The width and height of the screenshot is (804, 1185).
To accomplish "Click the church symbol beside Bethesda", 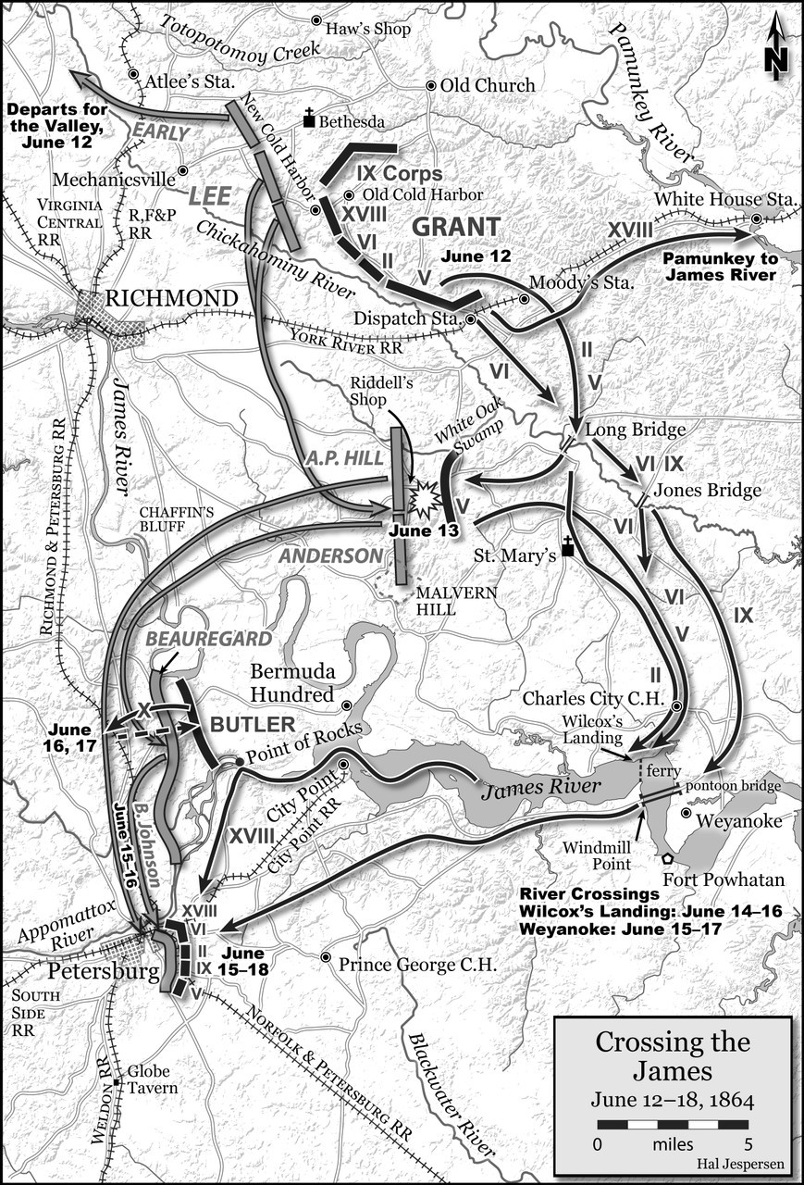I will click(x=310, y=119).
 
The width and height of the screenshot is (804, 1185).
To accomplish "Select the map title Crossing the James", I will click(x=672, y=1057).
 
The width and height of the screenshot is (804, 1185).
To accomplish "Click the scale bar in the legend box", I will click(x=672, y=1125).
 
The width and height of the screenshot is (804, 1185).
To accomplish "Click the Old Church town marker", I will click(x=430, y=85).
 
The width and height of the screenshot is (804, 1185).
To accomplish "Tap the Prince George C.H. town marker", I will click(x=326, y=957).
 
